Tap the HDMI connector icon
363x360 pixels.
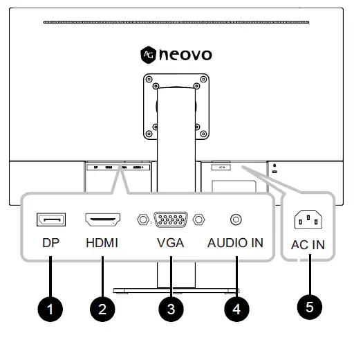102,220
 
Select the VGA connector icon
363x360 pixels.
171,220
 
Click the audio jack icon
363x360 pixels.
236,220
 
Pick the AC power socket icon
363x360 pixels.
309,220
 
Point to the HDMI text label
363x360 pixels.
102,244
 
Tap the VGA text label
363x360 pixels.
171,244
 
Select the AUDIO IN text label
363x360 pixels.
236,244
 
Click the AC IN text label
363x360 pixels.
309,244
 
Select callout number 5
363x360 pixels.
309,305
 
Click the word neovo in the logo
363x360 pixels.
186,54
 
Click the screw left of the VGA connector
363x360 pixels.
142,220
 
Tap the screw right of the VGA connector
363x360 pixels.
199,220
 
